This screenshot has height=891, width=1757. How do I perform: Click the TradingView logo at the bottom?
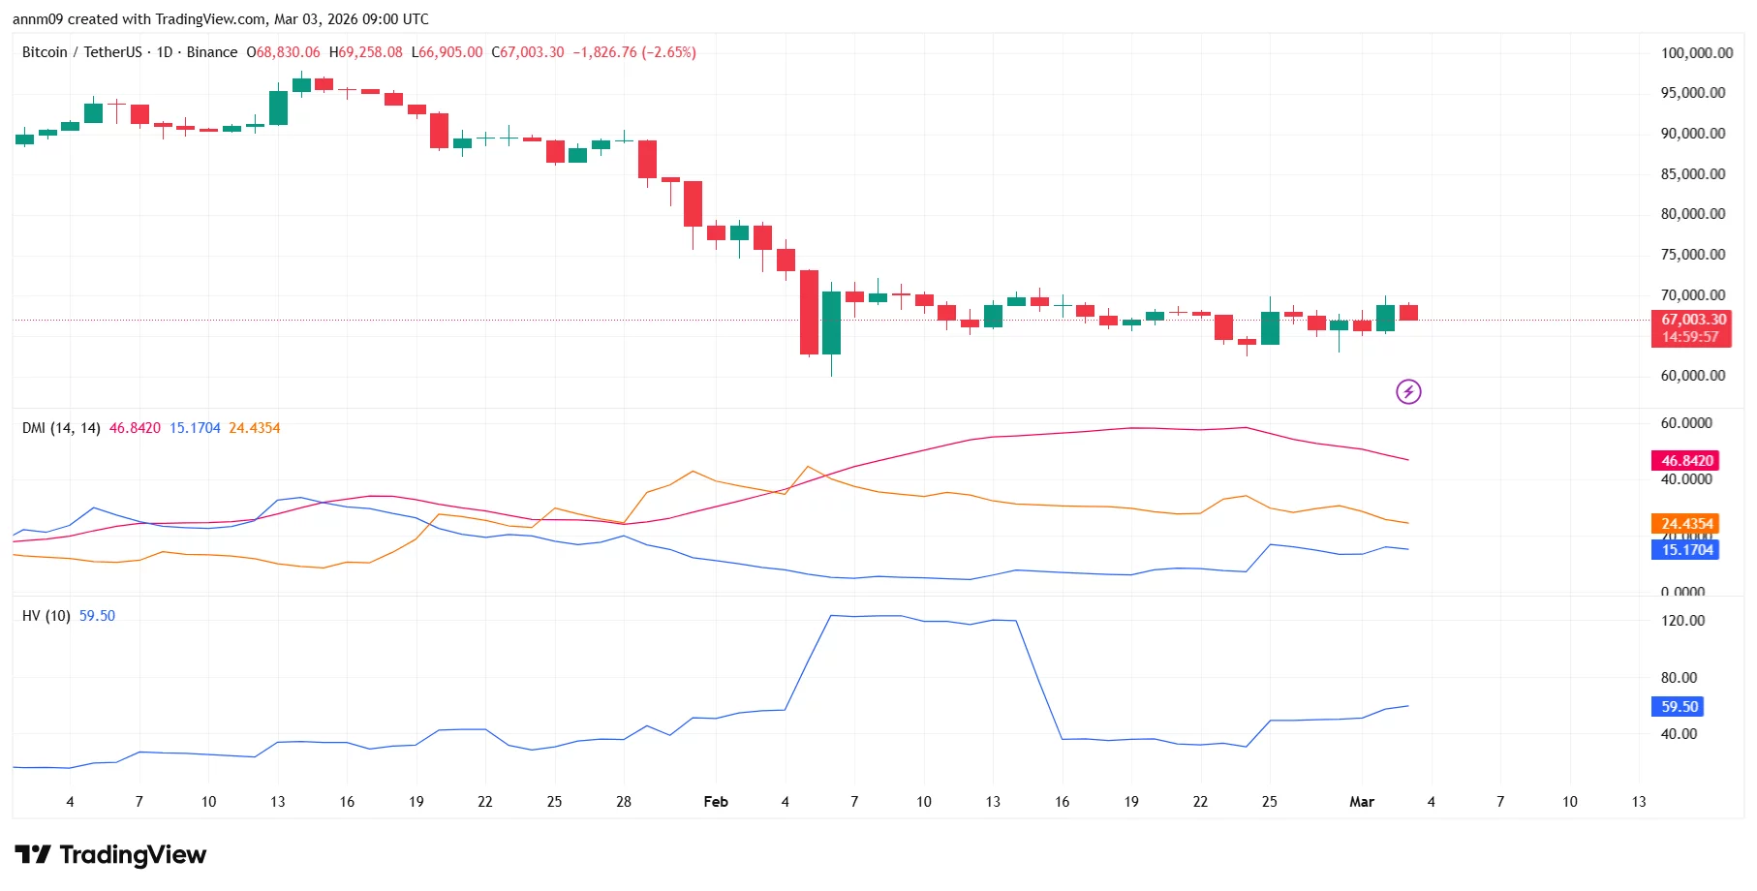coord(110,854)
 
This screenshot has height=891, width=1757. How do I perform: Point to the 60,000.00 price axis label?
coord(1692,376)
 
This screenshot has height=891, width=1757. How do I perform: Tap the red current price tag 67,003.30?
coord(1692,320)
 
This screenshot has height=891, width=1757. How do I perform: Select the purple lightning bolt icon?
coord(1408,391)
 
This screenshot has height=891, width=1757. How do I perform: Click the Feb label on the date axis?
coord(716,802)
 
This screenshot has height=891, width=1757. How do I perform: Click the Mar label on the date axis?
coord(1362,802)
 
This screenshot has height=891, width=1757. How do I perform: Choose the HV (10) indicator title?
coord(46,616)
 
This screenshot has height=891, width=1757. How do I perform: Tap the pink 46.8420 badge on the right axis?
coord(1686,461)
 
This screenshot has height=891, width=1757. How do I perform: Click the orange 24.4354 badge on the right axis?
coord(1686,524)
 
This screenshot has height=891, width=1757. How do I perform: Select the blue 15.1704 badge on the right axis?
coord(1686,550)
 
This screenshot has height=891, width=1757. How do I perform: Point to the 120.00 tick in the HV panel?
coord(1682,621)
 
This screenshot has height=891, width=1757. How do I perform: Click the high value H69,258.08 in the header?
coord(366,52)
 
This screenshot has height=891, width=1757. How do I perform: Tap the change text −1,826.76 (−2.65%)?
coord(634,52)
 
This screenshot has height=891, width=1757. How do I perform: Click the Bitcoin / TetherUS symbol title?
coord(82,52)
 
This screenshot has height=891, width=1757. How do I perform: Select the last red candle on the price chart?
coord(1408,313)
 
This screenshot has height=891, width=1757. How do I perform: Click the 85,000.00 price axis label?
coord(1692,174)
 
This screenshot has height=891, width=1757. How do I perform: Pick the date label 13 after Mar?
coord(1639,802)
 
